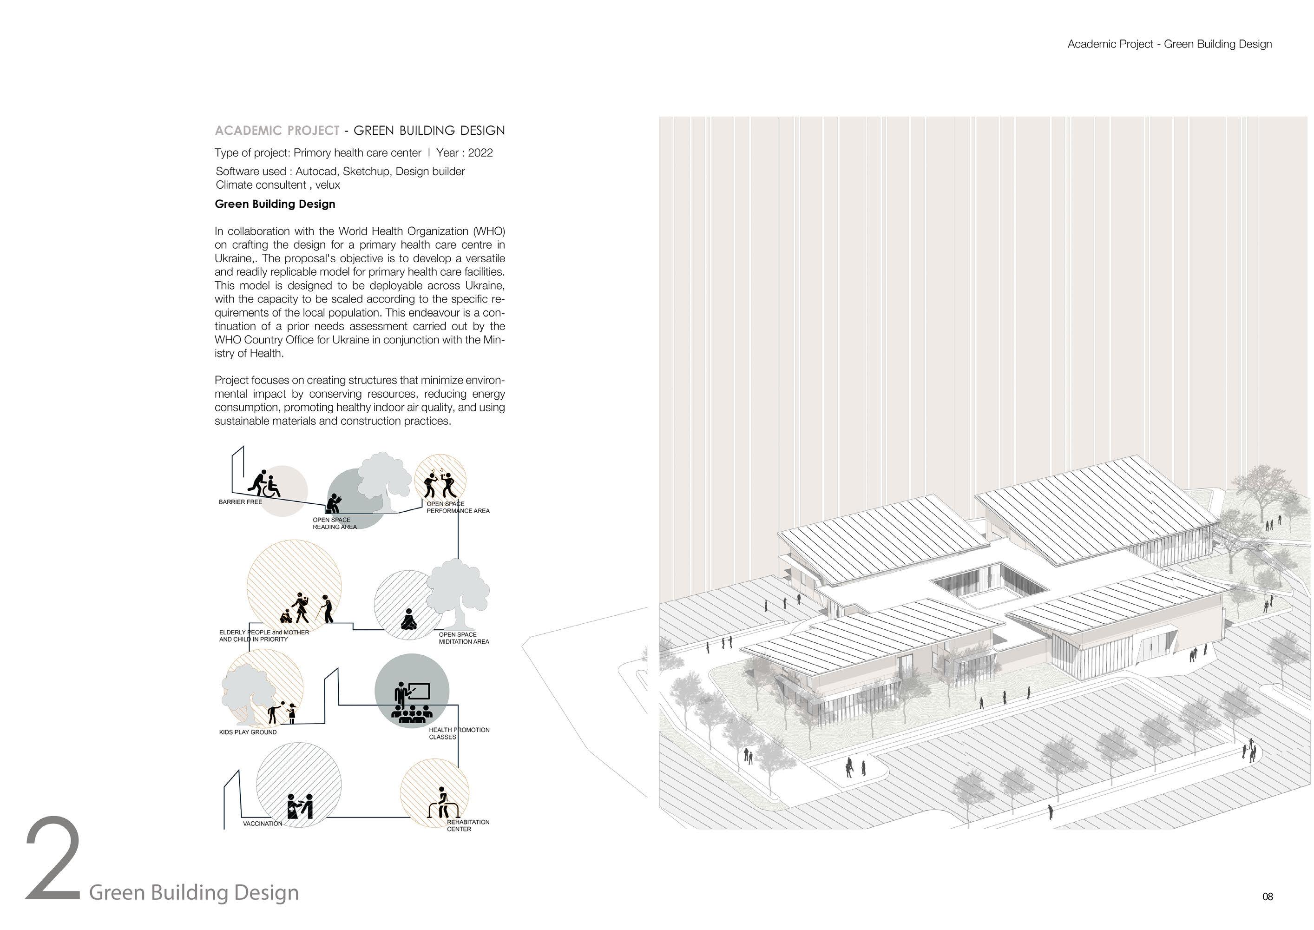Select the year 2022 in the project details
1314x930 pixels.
(x=480, y=153)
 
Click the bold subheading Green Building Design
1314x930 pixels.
(x=275, y=204)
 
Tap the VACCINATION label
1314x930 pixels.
(x=263, y=824)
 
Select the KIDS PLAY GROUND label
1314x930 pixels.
(x=248, y=732)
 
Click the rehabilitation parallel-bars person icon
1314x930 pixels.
(x=442, y=804)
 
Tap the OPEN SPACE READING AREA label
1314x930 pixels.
(x=335, y=523)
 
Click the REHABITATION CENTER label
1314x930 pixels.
(x=468, y=826)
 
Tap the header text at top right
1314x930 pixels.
(x=1169, y=45)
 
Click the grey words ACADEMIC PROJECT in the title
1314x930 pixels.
(x=277, y=131)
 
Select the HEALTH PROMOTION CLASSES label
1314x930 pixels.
(x=459, y=733)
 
